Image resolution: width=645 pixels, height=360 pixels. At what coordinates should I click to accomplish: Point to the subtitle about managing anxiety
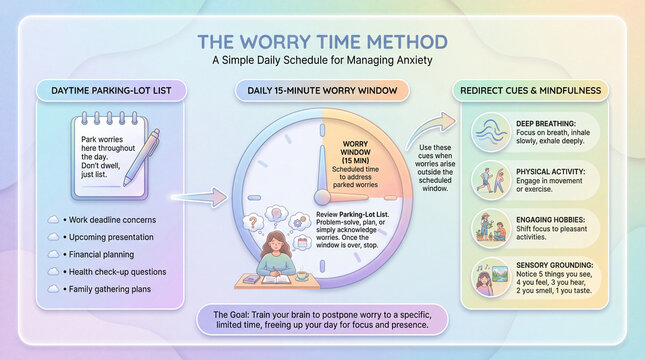321,60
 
